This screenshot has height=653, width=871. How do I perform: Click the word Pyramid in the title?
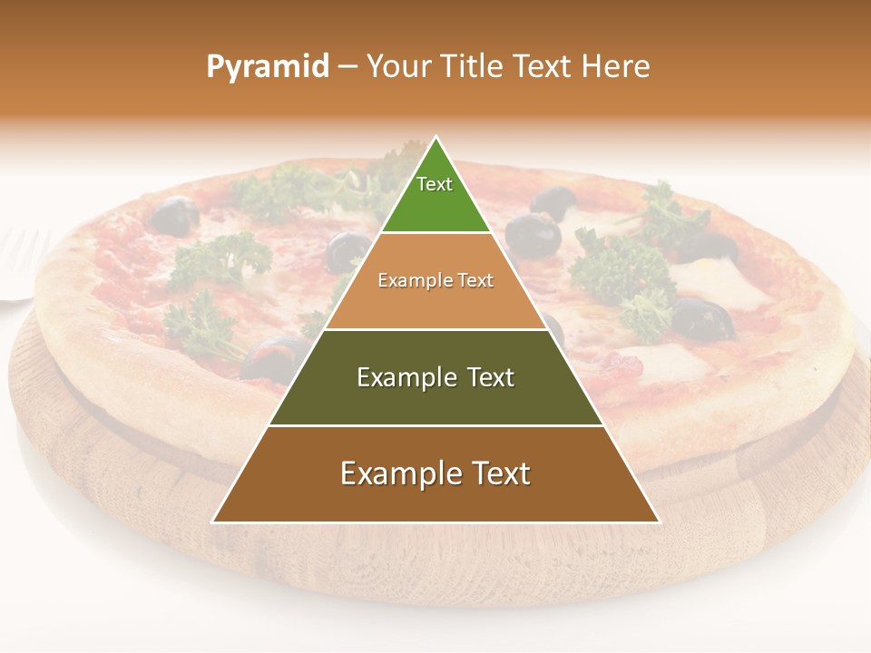267,67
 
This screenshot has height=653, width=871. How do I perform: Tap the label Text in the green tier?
435,184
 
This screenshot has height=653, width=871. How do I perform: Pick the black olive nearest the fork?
173,215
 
